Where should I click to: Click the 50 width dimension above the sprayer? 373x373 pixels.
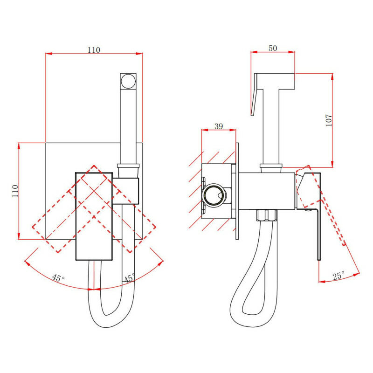273,48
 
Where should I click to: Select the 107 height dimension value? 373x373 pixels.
329,120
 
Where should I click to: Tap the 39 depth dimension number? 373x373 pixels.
218,126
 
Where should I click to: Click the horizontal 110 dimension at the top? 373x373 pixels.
94,50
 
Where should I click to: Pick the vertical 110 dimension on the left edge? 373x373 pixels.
15,192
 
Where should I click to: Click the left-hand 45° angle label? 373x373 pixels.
58,278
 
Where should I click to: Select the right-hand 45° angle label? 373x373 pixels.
129,278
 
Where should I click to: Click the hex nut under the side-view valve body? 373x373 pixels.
267,216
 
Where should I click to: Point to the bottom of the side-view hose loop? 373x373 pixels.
245,324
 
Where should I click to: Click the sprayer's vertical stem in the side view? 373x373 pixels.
271,126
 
